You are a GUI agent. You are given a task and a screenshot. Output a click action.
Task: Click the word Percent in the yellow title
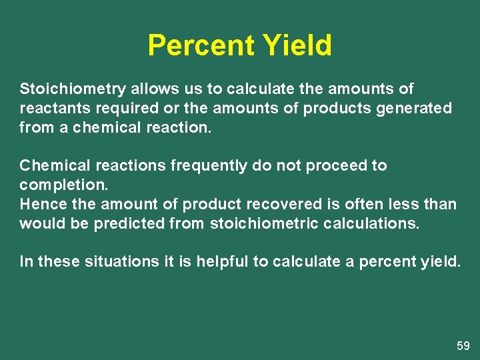(201, 46)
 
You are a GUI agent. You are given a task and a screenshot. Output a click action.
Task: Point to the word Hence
(40, 204)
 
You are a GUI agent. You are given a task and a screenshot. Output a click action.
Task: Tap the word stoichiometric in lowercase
(263, 223)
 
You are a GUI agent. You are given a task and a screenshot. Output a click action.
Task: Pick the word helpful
(223, 262)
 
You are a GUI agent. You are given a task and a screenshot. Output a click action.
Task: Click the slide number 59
(463, 346)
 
